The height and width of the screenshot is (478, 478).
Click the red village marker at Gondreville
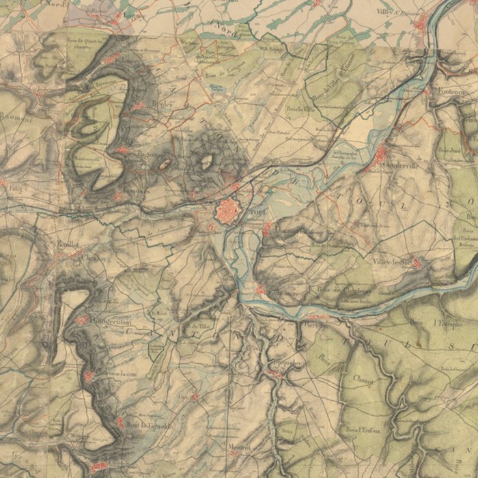pos(380,159)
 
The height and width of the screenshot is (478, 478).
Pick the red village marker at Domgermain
pos(83,319)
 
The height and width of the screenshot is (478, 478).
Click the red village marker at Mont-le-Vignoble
pos(122,422)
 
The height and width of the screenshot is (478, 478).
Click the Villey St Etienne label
pos(398,12)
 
